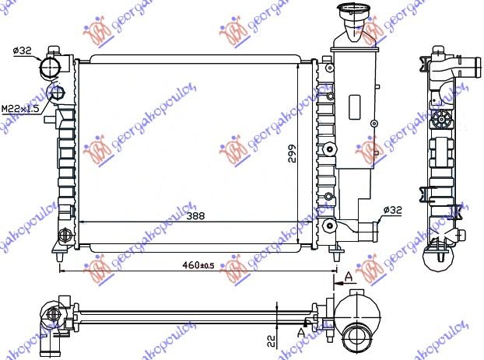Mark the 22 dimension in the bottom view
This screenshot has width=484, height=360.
[269, 339]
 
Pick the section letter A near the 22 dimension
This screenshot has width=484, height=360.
[302, 332]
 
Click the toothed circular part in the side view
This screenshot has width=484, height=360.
[444, 119]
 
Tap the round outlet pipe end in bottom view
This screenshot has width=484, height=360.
[358, 337]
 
